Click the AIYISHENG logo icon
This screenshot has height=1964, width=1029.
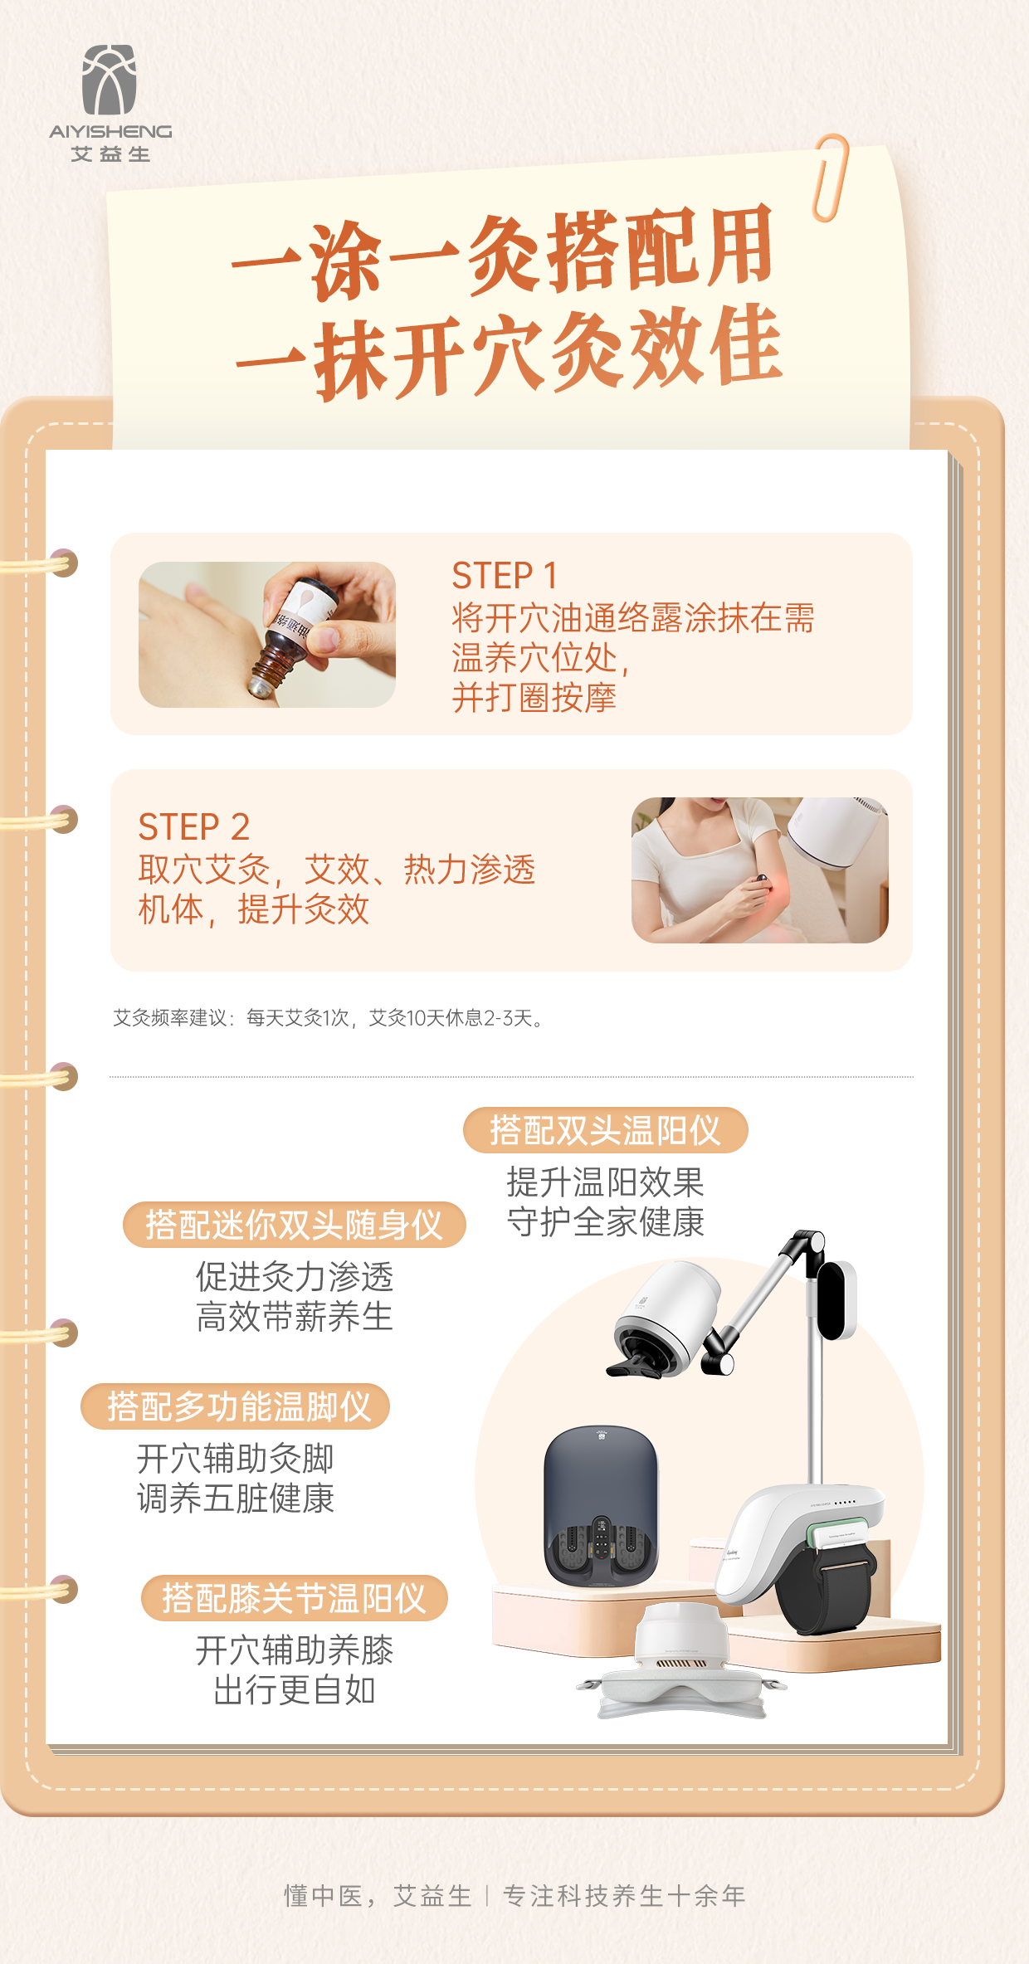click(109, 80)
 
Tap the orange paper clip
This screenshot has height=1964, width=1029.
click(831, 178)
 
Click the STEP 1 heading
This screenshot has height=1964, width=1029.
click(504, 575)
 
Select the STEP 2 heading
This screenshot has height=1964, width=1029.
click(193, 826)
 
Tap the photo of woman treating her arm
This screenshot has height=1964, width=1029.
click(759, 870)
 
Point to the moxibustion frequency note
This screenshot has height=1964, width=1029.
click(329, 1018)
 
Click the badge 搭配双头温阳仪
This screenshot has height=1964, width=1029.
click(605, 1130)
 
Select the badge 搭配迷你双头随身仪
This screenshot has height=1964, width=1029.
click(295, 1225)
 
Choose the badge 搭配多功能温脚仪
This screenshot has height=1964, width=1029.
click(236, 1406)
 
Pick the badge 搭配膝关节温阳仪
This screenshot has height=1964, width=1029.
click(294, 1598)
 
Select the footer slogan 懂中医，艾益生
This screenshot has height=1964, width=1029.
click(378, 1896)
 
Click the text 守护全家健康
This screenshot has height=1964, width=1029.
click(606, 1222)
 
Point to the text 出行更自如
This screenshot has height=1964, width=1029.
click(295, 1690)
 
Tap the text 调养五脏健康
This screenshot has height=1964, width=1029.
click(236, 1499)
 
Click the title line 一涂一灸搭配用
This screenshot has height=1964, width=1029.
click(503, 251)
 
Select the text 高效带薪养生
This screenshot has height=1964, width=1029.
click(295, 1317)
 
